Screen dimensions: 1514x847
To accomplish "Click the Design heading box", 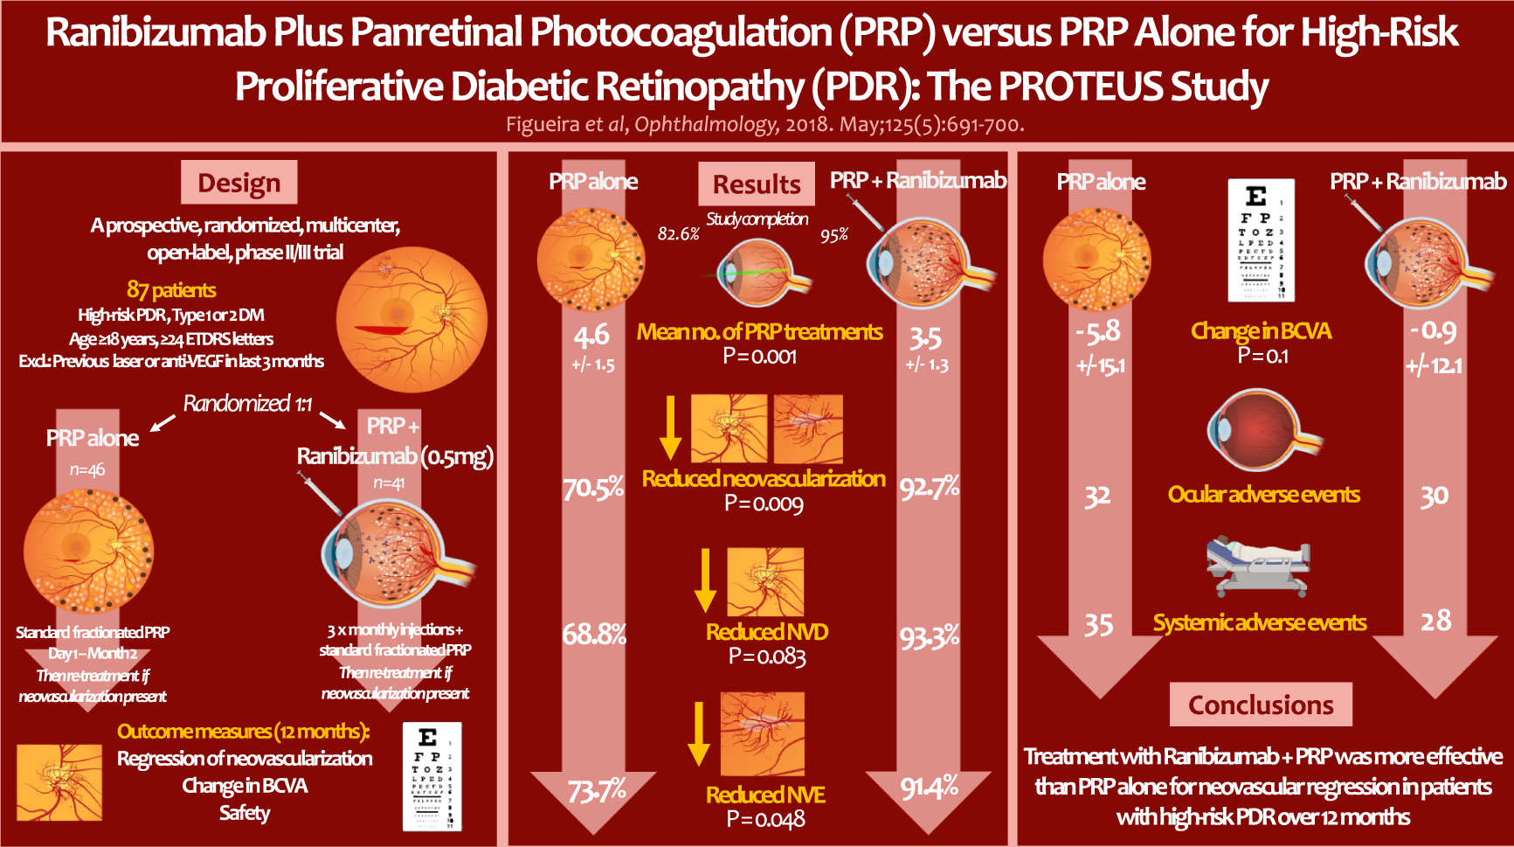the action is pyautogui.click(x=239, y=182).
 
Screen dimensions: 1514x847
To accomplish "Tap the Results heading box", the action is pyautogui.click(x=757, y=184).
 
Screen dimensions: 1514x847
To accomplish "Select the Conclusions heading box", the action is pyautogui.click(x=1261, y=705).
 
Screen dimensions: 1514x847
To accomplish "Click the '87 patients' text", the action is pyautogui.click(x=171, y=289).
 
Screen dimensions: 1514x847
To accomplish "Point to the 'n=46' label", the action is pyautogui.click(x=87, y=470).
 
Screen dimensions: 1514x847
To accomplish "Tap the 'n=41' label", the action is pyautogui.click(x=389, y=483).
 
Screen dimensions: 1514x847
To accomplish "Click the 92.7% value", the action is pyautogui.click(x=930, y=487).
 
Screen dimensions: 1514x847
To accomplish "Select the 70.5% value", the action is pyautogui.click(x=593, y=488).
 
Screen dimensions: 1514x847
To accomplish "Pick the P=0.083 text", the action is pyautogui.click(x=767, y=656).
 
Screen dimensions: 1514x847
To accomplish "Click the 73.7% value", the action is pyautogui.click(x=597, y=791).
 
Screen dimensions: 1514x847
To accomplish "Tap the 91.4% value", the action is pyautogui.click(x=930, y=788).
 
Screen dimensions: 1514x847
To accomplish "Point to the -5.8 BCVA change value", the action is pyautogui.click(x=1097, y=330).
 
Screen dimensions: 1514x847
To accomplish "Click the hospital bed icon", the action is pyautogui.click(x=1259, y=566).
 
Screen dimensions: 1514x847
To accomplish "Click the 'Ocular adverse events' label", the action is pyautogui.click(x=1263, y=495).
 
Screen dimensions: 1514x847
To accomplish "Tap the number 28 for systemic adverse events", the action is pyautogui.click(x=1435, y=621).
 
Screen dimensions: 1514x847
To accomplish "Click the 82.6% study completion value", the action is pyautogui.click(x=679, y=233).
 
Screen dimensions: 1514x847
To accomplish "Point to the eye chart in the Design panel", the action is pyautogui.click(x=432, y=776).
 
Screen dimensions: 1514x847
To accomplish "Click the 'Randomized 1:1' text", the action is pyautogui.click(x=247, y=403).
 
